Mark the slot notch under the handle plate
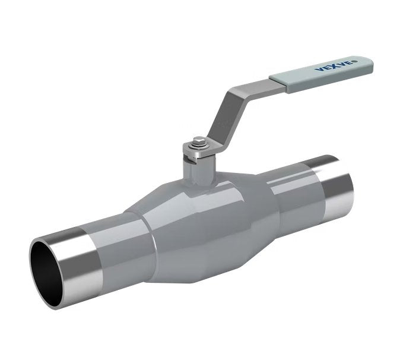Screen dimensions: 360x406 point(190,156)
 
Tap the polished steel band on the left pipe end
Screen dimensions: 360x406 point(80,261)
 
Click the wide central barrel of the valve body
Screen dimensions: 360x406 point(208,226)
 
